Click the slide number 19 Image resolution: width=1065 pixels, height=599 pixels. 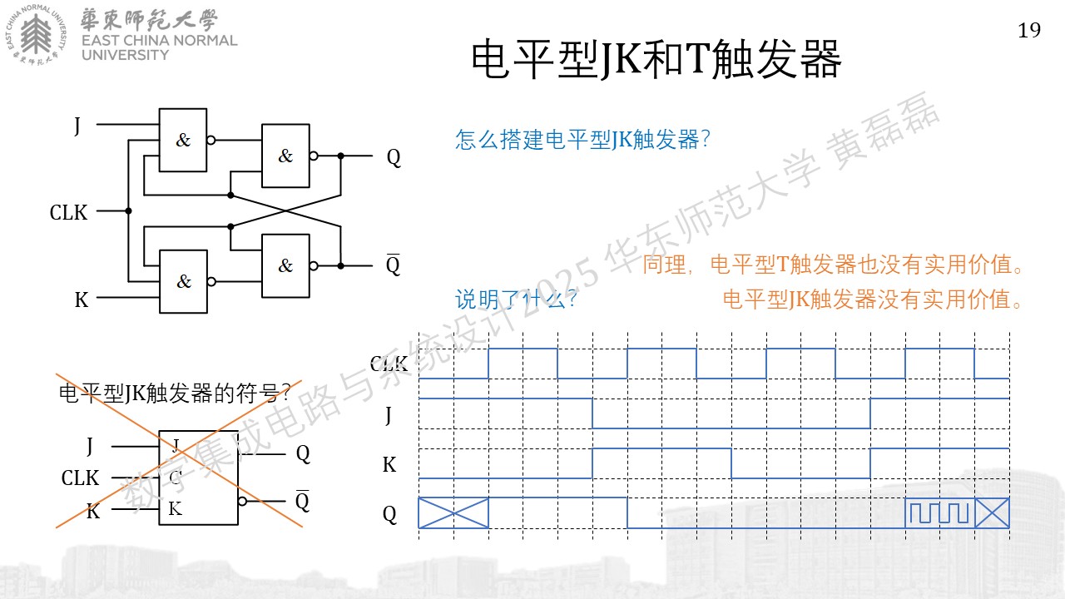point(1029,31)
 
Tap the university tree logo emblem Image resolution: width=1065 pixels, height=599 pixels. point(36,34)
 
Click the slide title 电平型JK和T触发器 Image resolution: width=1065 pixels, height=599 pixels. point(656,59)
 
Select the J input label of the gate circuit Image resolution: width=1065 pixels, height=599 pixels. point(77,126)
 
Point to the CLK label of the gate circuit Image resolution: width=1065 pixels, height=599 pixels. point(68,212)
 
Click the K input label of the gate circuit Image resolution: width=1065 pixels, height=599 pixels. point(82,299)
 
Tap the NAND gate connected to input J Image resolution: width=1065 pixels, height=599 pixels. point(183,140)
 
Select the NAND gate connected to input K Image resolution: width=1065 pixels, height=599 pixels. point(184,281)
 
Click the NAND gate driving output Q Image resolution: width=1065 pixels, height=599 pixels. point(285,156)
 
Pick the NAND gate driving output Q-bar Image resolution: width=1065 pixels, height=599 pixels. point(285,265)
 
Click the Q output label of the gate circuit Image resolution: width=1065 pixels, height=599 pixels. point(394,157)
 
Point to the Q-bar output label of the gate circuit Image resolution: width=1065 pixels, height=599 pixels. point(393,265)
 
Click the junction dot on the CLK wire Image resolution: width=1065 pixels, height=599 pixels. point(128,210)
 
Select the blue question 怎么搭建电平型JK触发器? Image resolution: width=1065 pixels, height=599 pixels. point(582,139)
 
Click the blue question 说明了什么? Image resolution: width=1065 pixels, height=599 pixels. point(517,299)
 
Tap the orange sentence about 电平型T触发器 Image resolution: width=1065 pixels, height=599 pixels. point(832,265)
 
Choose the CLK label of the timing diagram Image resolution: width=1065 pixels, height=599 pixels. point(389,364)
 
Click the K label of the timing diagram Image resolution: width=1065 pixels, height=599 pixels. point(389,464)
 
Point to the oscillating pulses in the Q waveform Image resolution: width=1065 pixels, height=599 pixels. point(939,512)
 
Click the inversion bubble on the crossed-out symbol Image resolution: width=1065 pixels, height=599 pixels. point(242,501)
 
